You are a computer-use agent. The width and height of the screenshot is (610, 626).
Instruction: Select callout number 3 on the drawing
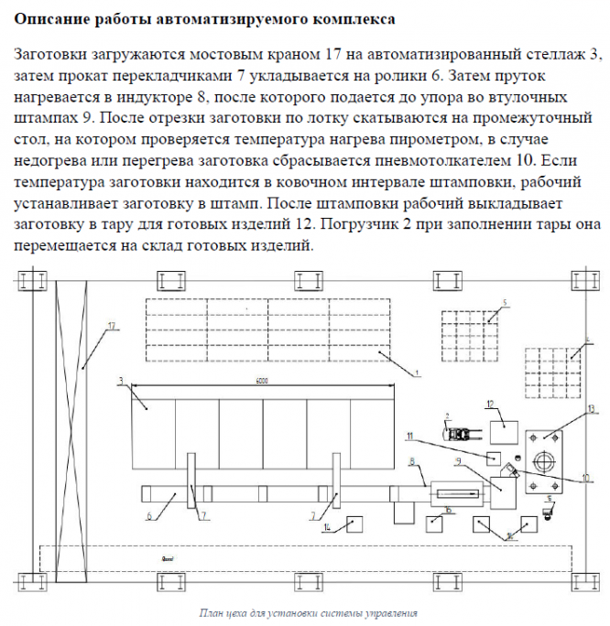click(120, 378)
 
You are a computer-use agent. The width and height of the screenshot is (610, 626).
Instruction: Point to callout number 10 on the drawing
click(583, 478)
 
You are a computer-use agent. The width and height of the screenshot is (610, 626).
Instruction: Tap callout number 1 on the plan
click(416, 372)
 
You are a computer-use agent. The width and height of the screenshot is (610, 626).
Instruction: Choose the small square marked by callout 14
click(354, 523)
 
